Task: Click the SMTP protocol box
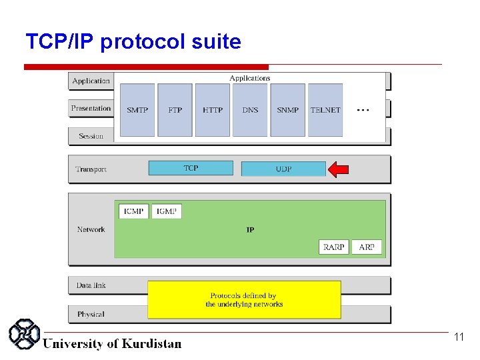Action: (x=137, y=110)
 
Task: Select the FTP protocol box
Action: (x=175, y=110)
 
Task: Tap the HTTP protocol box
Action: (x=213, y=110)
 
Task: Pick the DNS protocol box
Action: (x=250, y=110)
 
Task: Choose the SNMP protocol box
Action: (x=288, y=110)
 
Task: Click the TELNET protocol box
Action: (x=325, y=110)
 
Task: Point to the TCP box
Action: (x=191, y=168)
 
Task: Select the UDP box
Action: (x=283, y=169)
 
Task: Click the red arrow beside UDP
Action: (x=338, y=169)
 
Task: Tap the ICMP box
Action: (x=133, y=211)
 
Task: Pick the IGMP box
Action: (x=166, y=211)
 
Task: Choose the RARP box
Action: (x=333, y=247)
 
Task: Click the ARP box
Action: (x=367, y=247)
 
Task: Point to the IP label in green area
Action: (x=250, y=230)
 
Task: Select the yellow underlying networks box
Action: (x=244, y=300)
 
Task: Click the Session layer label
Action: (x=91, y=136)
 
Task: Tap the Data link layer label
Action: (x=91, y=285)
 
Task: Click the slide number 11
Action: (x=459, y=337)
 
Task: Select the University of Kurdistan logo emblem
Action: (x=25, y=334)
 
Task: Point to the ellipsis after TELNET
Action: (x=363, y=109)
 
